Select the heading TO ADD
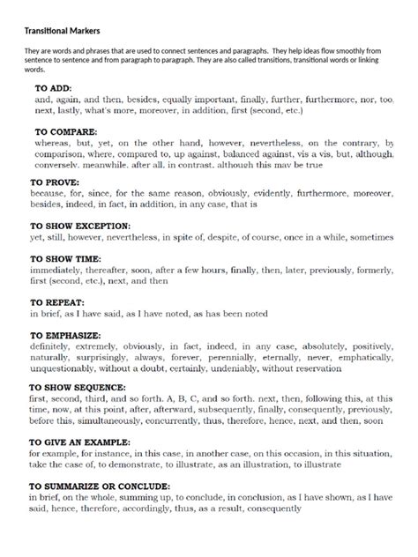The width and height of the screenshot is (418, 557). (54, 89)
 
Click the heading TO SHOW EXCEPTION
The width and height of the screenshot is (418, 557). (80, 226)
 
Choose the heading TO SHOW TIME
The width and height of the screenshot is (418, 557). (67, 262)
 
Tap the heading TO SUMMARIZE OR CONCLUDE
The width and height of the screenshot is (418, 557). (100, 486)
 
